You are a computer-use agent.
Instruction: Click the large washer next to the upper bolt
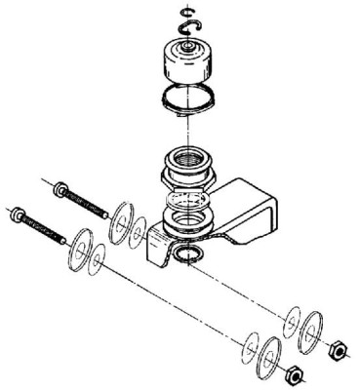click(122, 219)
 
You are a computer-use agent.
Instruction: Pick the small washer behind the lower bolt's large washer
click(98, 256)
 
